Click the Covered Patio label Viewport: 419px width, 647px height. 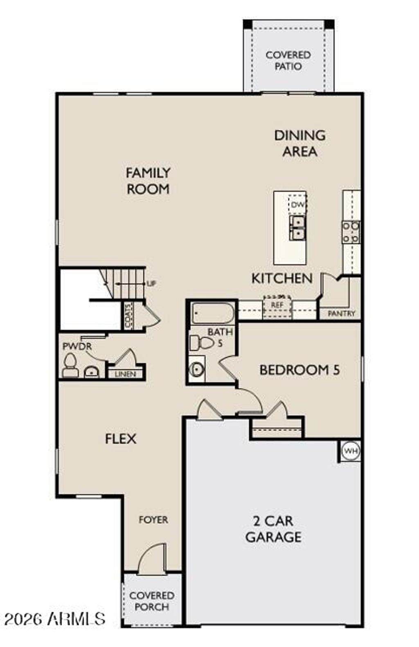click(288, 60)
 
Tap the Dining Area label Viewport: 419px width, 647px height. click(300, 143)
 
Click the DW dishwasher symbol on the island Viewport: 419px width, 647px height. click(297, 204)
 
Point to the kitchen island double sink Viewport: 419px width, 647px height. click(297, 228)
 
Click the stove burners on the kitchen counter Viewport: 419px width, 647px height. click(351, 232)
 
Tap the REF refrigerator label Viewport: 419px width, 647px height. click(277, 305)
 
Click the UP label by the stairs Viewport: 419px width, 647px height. click(151, 283)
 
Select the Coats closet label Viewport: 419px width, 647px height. click(128, 316)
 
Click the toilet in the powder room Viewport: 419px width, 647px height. click(70, 366)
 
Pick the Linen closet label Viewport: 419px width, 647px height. click(125, 374)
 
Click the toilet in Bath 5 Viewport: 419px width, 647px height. click(201, 342)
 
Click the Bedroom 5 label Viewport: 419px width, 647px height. click(300, 370)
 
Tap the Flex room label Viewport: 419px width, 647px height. click(120, 439)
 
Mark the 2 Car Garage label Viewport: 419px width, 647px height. click(273, 529)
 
